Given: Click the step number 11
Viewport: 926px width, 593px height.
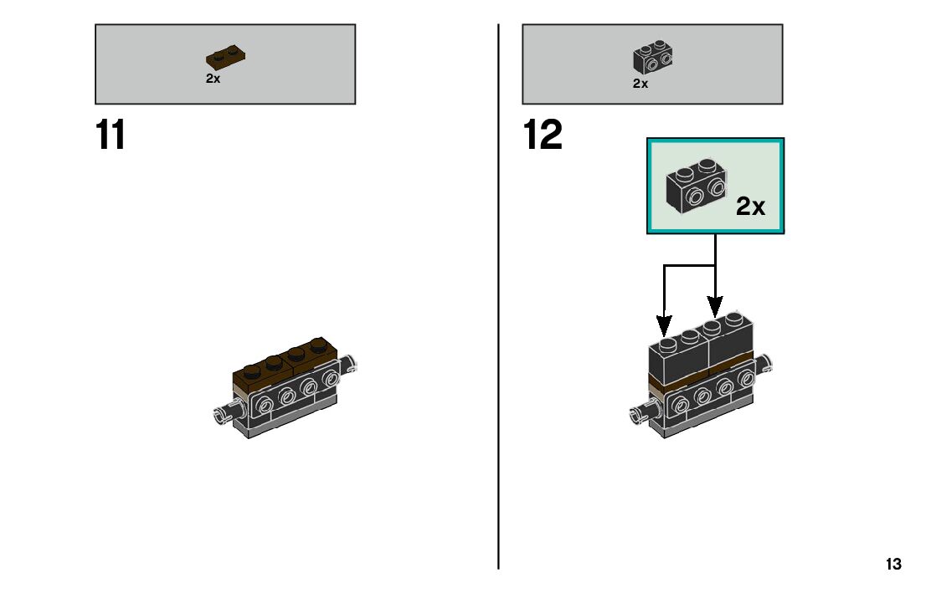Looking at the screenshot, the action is (x=110, y=135).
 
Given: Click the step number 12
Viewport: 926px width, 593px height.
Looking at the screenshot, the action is (x=543, y=135).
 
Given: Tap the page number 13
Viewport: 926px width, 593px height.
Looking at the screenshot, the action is (x=893, y=564).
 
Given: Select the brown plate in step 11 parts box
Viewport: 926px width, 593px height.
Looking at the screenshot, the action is (x=225, y=57).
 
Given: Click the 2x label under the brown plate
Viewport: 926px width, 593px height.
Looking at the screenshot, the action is (x=213, y=79).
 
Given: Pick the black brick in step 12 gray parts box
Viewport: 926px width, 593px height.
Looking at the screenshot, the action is (x=652, y=57).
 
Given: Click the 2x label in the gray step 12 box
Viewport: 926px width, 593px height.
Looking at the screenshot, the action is (x=640, y=84).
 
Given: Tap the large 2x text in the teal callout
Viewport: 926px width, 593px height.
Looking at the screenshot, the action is (x=751, y=206).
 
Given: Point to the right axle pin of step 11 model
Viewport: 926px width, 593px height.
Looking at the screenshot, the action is (x=347, y=364).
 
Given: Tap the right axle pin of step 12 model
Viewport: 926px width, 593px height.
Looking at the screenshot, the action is (x=764, y=364).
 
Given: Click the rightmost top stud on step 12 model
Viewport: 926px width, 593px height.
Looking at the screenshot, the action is (x=734, y=319).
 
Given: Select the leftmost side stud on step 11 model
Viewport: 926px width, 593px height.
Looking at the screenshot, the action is (x=264, y=404).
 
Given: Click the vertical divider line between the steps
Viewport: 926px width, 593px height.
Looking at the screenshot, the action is (x=498, y=296).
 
